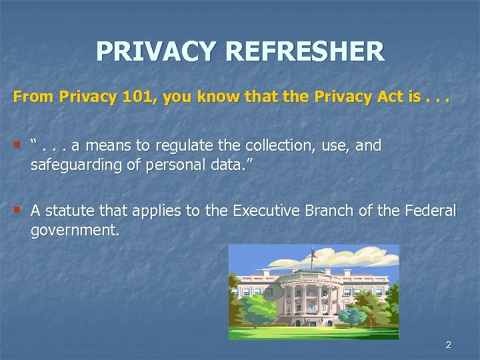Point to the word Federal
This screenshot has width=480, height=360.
point(431,211)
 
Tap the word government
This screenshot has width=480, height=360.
point(75,230)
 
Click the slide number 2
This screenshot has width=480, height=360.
point(448,345)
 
